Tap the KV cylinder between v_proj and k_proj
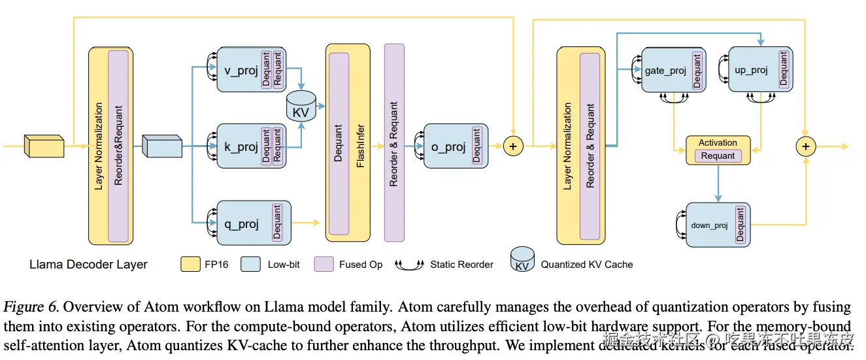301,107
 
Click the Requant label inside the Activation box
718,156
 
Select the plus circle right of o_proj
513,146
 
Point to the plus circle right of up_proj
805,146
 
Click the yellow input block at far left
44,146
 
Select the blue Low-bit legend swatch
252,265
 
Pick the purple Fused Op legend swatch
324,265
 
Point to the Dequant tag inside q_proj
276,223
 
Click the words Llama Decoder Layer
88,265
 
